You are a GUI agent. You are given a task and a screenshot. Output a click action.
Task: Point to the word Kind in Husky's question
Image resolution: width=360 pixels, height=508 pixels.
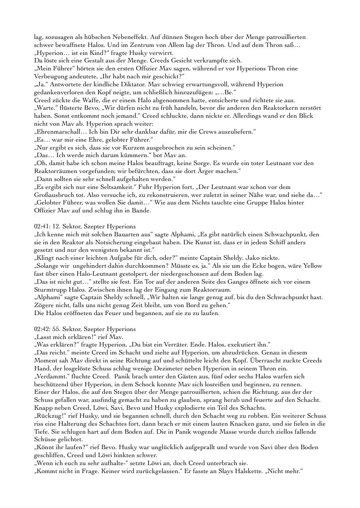click(82, 53)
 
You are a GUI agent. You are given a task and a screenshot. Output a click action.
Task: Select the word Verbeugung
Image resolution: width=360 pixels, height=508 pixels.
click(50, 77)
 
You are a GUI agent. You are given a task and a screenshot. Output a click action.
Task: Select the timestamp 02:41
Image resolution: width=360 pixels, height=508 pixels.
click(42, 227)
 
